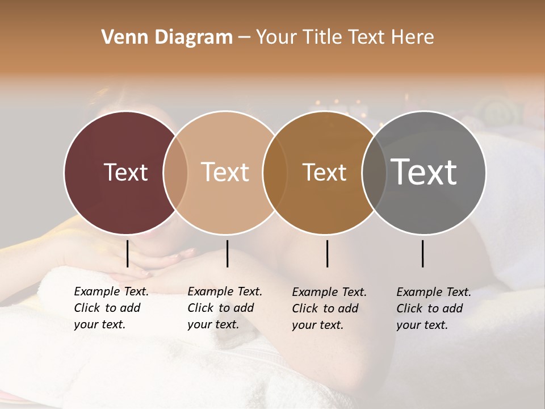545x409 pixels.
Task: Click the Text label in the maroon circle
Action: [x=125, y=172]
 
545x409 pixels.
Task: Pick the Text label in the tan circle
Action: [x=225, y=172]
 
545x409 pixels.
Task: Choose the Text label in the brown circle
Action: [x=325, y=172]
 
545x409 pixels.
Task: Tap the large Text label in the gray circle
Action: [x=424, y=172]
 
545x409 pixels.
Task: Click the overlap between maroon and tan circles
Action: [x=175, y=172]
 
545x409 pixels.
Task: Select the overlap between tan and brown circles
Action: [x=275, y=172]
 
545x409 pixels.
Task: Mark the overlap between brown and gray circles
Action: [x=374, y=172]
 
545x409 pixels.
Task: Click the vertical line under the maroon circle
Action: [x=127, y=253]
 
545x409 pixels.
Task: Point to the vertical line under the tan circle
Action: [x=227, y=253]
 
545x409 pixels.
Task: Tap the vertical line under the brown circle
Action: [x=327, y=253]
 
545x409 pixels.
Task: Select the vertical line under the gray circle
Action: [x=423, y=253]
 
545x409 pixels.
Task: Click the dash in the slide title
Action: [x=244, y=38]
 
